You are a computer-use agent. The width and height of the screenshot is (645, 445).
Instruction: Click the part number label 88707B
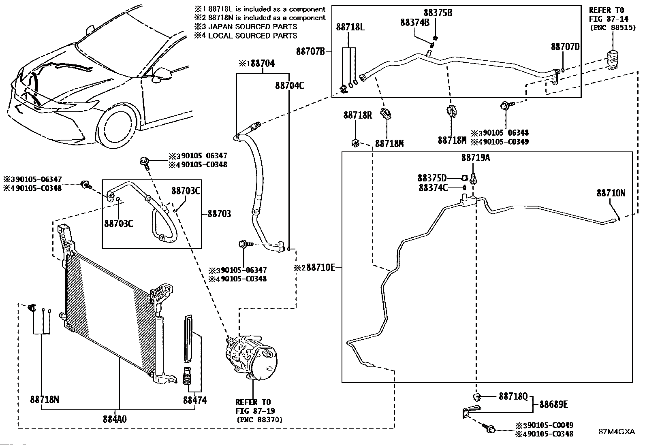310,51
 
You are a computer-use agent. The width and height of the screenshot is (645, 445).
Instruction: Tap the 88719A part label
475,158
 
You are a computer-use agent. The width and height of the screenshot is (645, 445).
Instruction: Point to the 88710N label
611,193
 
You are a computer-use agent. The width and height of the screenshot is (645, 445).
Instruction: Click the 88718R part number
357,115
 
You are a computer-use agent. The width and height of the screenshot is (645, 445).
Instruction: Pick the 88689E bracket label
553,404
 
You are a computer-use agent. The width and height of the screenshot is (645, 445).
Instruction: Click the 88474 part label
194,400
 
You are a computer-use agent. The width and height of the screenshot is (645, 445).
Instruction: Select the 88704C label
289,85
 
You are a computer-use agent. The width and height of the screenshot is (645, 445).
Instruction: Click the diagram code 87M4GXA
617,432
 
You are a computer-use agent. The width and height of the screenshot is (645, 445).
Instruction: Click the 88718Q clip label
513,396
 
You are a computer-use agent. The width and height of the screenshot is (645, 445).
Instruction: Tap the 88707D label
565,47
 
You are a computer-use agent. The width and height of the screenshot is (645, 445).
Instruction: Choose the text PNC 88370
259,419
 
